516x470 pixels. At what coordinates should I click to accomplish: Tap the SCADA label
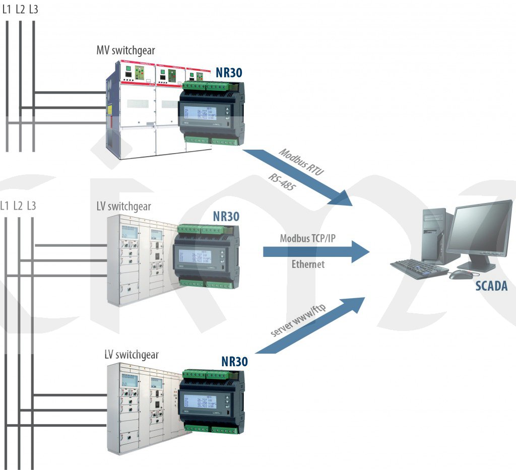click(491, 287)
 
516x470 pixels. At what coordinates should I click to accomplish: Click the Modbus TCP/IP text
click(307, 238)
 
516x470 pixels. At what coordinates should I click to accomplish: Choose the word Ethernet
click(308, 264)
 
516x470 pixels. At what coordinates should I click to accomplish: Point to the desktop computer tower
click(433, 234)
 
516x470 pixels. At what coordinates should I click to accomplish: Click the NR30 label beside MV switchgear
click(228, 73)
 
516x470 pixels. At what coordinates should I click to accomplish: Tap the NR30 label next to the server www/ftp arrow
click(234, 362)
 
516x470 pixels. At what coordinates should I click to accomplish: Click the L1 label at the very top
click(7, 9)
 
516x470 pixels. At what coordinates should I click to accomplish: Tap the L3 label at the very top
click(33, 9)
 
